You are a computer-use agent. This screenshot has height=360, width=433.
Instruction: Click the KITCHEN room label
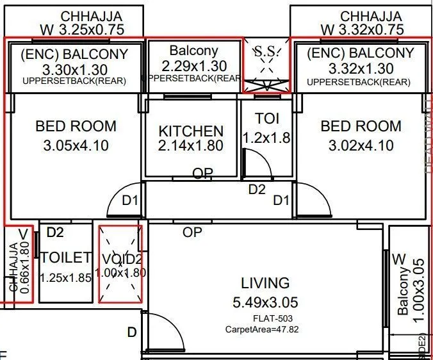click(191, 131)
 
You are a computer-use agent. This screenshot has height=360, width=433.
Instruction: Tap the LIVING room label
click(265, 282)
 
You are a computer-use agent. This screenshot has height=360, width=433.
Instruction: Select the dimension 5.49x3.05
click(265, 302)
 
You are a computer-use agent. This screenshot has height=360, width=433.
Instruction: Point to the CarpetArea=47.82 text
click(261, 329)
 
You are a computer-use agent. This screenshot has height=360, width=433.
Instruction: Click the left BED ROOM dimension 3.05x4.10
click(76, 146)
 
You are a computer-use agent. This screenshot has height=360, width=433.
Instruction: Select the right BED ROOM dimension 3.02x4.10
click(361, 146)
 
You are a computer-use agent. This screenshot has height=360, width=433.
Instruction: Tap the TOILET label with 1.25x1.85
click(65, 258)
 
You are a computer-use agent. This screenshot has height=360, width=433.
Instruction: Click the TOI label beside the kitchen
click(266, 119)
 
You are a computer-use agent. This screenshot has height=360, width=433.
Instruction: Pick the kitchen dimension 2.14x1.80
click(191, 146)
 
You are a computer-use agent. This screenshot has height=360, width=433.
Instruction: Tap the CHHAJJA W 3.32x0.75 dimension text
click(362, 29)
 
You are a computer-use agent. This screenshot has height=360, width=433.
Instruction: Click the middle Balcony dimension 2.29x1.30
click(193, 65)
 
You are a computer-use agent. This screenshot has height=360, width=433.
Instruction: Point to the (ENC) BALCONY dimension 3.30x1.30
click(74, 69)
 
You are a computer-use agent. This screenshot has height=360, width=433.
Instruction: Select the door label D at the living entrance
click(131, 332)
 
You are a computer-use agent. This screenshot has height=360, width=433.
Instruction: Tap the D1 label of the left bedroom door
click(131, 201)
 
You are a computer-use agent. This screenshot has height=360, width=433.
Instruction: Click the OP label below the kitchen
click(202, 173)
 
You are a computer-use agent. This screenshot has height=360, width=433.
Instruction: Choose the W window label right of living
click(398, 259)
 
